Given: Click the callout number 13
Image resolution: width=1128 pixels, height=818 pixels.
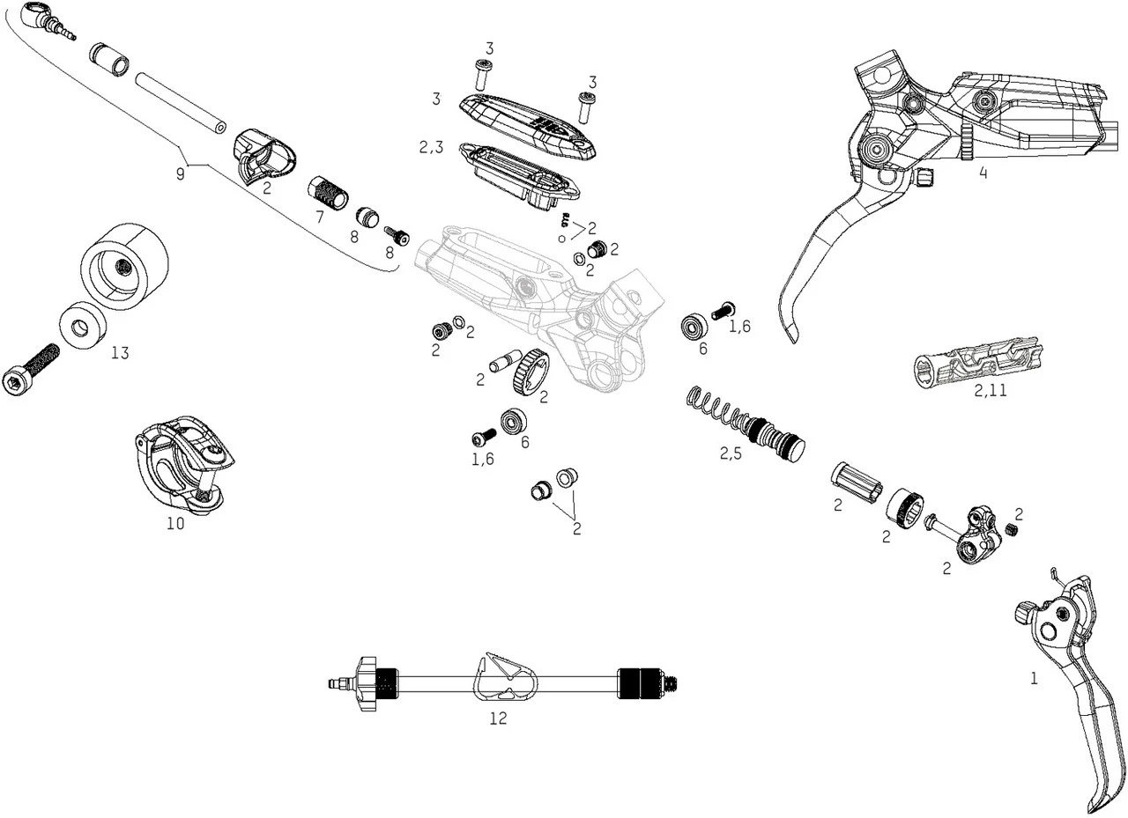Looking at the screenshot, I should [x=120, y=353].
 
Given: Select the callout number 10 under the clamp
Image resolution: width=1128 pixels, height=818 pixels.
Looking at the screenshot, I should [x=175, y=523].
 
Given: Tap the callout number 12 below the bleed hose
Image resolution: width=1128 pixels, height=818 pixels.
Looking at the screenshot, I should [x=498, y=719].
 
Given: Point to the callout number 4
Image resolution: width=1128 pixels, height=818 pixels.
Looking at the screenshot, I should [x=983, y=173].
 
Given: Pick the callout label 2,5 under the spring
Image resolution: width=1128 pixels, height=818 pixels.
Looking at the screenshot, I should [x=731, y=454].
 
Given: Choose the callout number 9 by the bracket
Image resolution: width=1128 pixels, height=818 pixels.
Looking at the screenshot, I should [x=180, y=173].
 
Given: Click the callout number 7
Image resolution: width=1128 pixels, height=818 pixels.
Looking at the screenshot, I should [x=320, y=216].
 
